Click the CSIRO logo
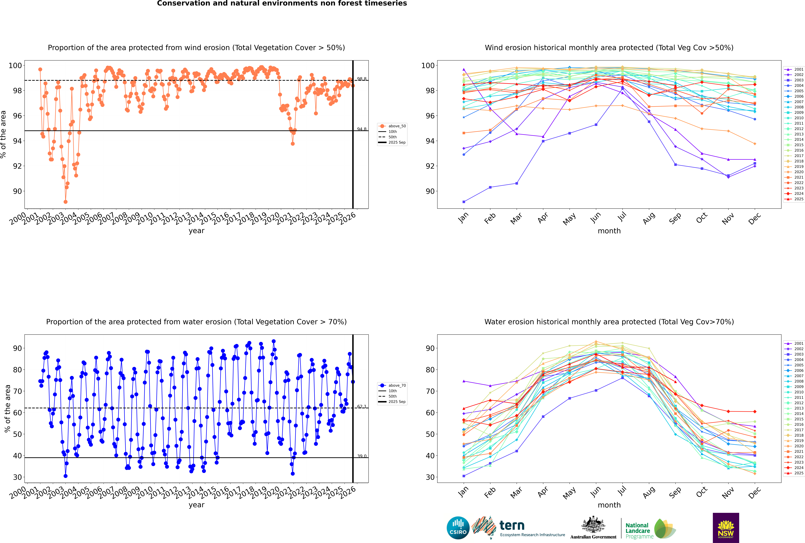pyautogui.click(x=458, y=528)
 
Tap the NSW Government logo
pyautogui.click(x=726, y=527)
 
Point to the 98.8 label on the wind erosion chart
pyautogui.click(x=362, y=79)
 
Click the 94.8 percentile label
pyautogui.click(x=362, y=129)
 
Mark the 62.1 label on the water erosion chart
pyautogui.click(x=362, y=407)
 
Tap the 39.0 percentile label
pyautogui.click(x=362, y=456)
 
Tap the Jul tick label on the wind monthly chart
pyautogui.click(x=622, y=217)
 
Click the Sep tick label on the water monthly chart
pyautogui.click(x=675, y=492)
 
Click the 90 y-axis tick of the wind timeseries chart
pyautogui.click(x=17, y=191)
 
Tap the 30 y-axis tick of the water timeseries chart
pyautogui.click(x=17, y=477)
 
